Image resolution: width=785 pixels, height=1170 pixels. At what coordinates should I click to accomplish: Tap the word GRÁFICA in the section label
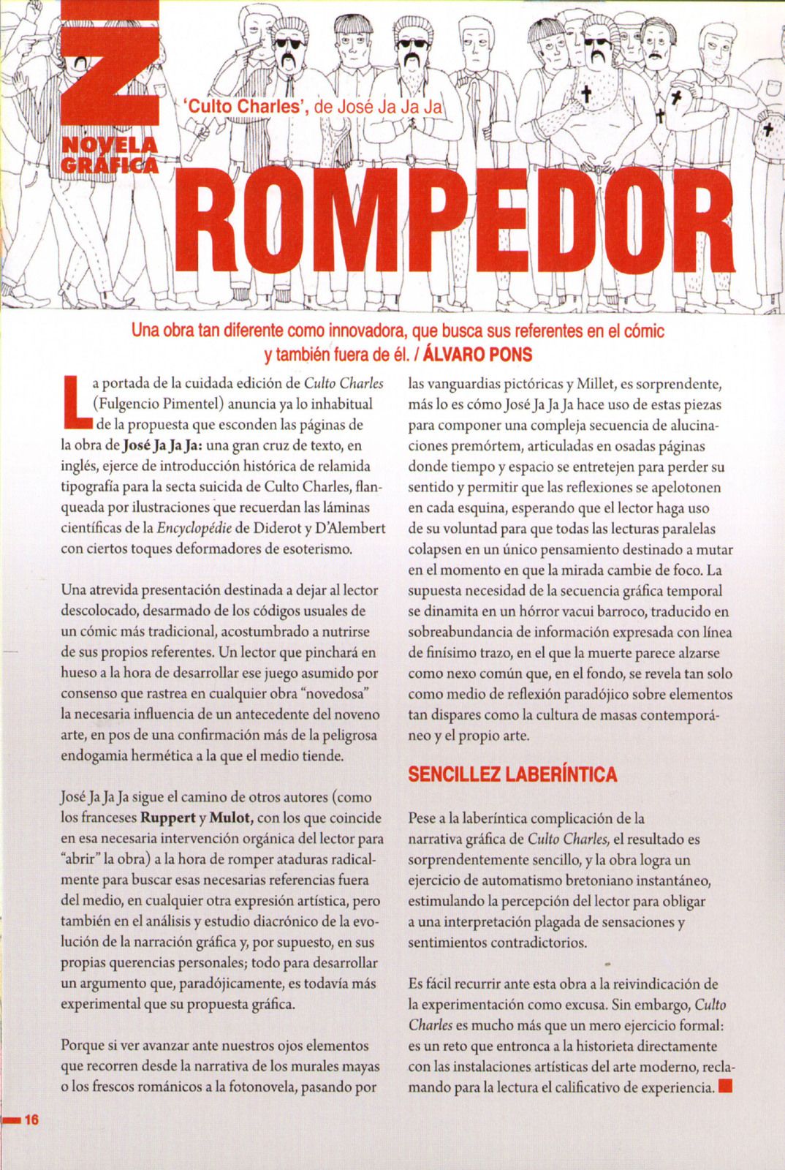tap(109, 165)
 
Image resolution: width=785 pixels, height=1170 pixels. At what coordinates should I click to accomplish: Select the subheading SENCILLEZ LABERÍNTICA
tap(512, 774)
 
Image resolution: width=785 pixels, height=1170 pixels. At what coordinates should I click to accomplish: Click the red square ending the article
tap(725, 1086)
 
